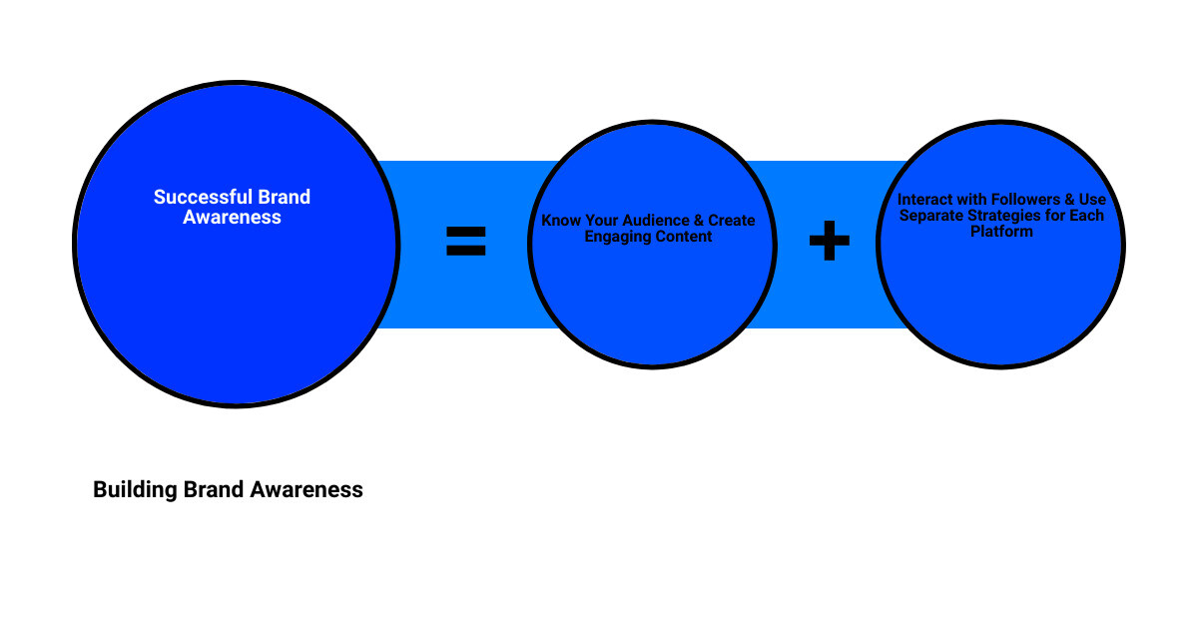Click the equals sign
click(x=465, y=242)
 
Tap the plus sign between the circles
click(x=829, y=242)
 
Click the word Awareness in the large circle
click(x=232, y=217)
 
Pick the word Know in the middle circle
click(x=560, y=221)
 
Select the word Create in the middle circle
click(x=732, y=221)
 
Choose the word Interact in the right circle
click(x=924, y=200)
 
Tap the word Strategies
click(x=1009, y=216)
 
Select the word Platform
click(x=1001, y=232)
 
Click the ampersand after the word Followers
click(x=1069, y=200)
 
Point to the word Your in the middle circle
click(x=599, y=221)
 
